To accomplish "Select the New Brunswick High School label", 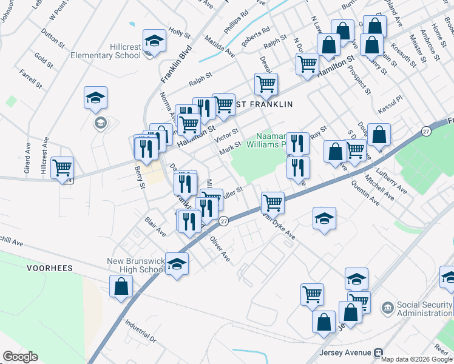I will coord(135,265).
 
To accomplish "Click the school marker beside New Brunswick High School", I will coord(177,264).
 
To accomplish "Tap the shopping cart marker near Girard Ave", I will coord(62,167).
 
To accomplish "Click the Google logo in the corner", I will coord(20,357).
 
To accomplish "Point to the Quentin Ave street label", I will coord(364,195).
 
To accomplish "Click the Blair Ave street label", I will coord(155,227).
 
